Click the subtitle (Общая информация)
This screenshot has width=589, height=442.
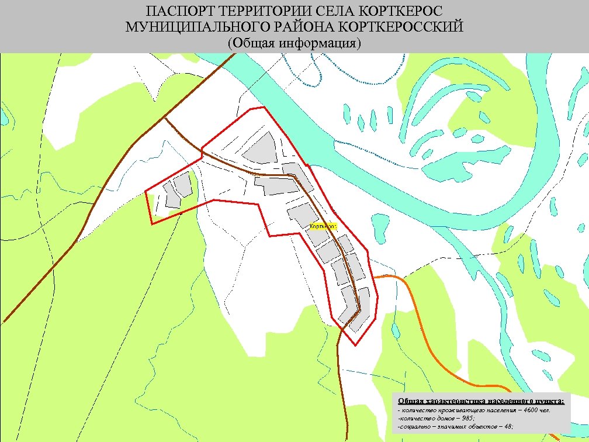coord(294,43)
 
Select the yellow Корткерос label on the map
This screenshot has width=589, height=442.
coord(323,226)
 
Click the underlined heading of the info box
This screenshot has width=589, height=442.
coord(481,401)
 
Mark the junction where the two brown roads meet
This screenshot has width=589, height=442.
coord(165,118)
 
